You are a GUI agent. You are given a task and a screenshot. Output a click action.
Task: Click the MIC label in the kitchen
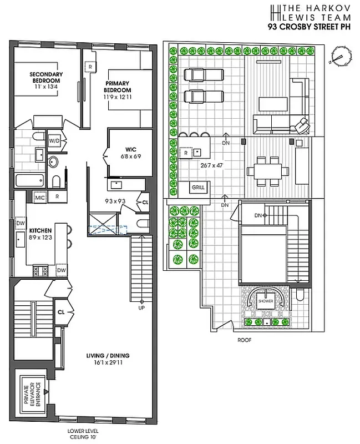40,197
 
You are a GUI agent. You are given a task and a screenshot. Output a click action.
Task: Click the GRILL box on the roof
198,188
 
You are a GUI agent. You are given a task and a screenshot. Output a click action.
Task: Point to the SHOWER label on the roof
266,301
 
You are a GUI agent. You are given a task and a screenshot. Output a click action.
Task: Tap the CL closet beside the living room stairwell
61,312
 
